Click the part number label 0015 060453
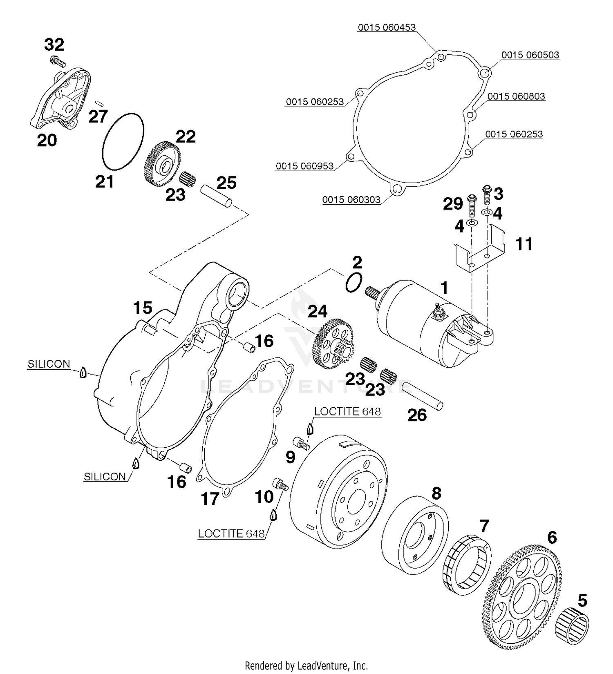(386, 27)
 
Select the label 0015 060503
(530, 55)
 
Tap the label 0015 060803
(516, 96)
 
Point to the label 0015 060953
(304, 166)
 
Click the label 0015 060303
(351, 200)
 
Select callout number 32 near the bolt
(54, 44)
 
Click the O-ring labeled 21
(123, 141)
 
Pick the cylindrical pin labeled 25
(216, 197)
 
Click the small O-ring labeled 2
(353, 282)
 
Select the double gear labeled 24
(333, 344)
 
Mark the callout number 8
(436, 493)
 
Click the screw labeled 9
(301, 442)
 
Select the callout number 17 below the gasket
(210, 499)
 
